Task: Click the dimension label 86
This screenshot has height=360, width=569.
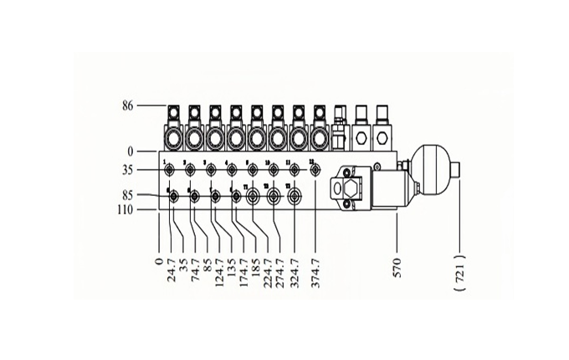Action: (128, 106)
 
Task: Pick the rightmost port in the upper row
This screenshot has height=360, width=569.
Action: (315, 169)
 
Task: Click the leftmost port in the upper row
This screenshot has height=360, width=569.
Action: (169, 169)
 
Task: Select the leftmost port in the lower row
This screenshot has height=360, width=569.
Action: (173, 197)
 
